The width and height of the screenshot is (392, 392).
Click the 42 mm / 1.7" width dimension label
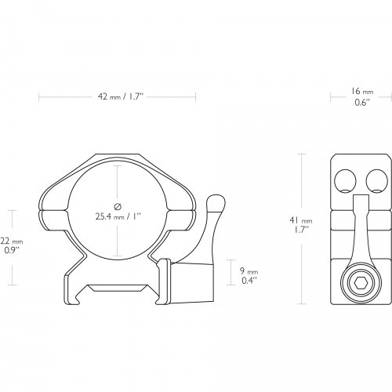tap(121, 97)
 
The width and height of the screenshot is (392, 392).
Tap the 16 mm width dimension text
tap(362, 92)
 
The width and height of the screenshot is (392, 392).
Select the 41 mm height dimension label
tap(301, 220)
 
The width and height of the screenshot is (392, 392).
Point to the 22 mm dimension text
tap(12, 241)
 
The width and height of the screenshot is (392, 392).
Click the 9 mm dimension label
tap(249, 271)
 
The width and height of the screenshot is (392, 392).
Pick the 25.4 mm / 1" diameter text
tap(118, 216)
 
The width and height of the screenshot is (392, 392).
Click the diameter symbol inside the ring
tap(118, 206)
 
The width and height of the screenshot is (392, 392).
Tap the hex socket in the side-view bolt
tap(361, 282)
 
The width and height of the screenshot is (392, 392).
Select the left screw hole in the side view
tap(345, 181)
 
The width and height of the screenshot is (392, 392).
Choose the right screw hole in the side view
tap(376, 181)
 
